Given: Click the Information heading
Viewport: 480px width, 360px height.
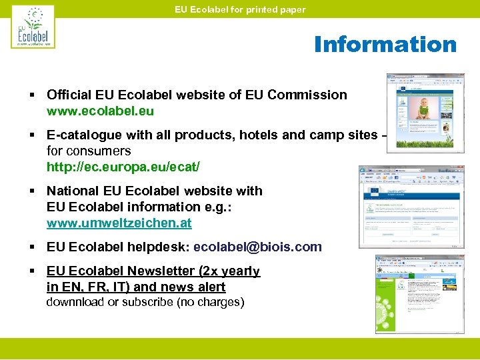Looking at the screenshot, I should [x=385, y=45].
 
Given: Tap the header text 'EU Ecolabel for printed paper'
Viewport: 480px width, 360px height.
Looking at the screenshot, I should [x=240, y=9].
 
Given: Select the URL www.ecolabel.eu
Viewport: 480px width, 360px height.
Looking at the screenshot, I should [x=100, y=111].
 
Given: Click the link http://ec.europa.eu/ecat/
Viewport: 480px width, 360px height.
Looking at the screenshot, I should [x=123, y=167].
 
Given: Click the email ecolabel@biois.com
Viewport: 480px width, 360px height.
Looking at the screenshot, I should [x=257, y=247].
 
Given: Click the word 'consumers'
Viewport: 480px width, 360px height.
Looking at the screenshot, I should [x=98, y=151].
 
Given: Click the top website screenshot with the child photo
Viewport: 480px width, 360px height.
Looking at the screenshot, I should [x=420, y=111].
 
